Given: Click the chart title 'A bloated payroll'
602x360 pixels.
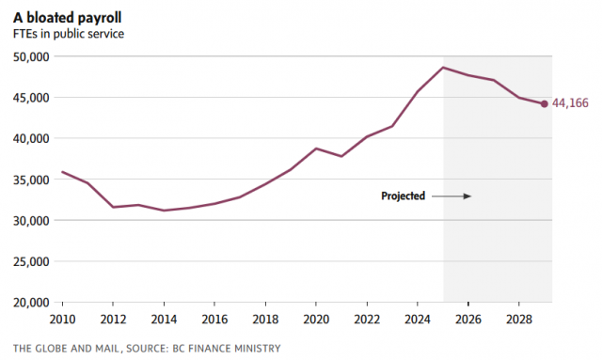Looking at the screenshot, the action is point(68,18).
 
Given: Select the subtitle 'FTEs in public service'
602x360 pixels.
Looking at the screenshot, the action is point(69,34).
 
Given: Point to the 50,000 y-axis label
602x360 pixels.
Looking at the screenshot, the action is point(31,56).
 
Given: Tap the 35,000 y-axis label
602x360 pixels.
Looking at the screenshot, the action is point(31,180).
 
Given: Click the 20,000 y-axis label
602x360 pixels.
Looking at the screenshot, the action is point(31,303).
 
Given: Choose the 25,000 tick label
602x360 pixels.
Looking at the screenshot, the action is point(31,261).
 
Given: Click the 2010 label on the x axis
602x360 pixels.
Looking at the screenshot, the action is point(63,320).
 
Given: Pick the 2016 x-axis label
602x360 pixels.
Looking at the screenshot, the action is point(214,320).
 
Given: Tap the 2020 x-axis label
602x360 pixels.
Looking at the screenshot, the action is point(316,320).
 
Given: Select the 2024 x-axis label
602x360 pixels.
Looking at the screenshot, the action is point(418,320).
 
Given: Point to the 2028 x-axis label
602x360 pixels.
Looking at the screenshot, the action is point(518,320).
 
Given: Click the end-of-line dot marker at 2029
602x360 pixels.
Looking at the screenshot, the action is point(544,104).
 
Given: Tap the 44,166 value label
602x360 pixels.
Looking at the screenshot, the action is point(570,103).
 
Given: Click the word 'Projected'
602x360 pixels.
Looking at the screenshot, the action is point(404,196).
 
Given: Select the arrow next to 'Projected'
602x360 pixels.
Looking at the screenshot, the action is point(451,196).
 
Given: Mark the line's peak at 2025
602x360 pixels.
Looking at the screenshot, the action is point(443,68).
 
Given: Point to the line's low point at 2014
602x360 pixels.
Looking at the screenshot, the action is point(164,211).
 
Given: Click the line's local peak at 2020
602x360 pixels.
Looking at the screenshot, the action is point(316,149).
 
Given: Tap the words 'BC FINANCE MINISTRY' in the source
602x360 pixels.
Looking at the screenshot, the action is point(227,349).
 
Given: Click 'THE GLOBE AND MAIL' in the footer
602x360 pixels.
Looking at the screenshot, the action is point(68,349).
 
